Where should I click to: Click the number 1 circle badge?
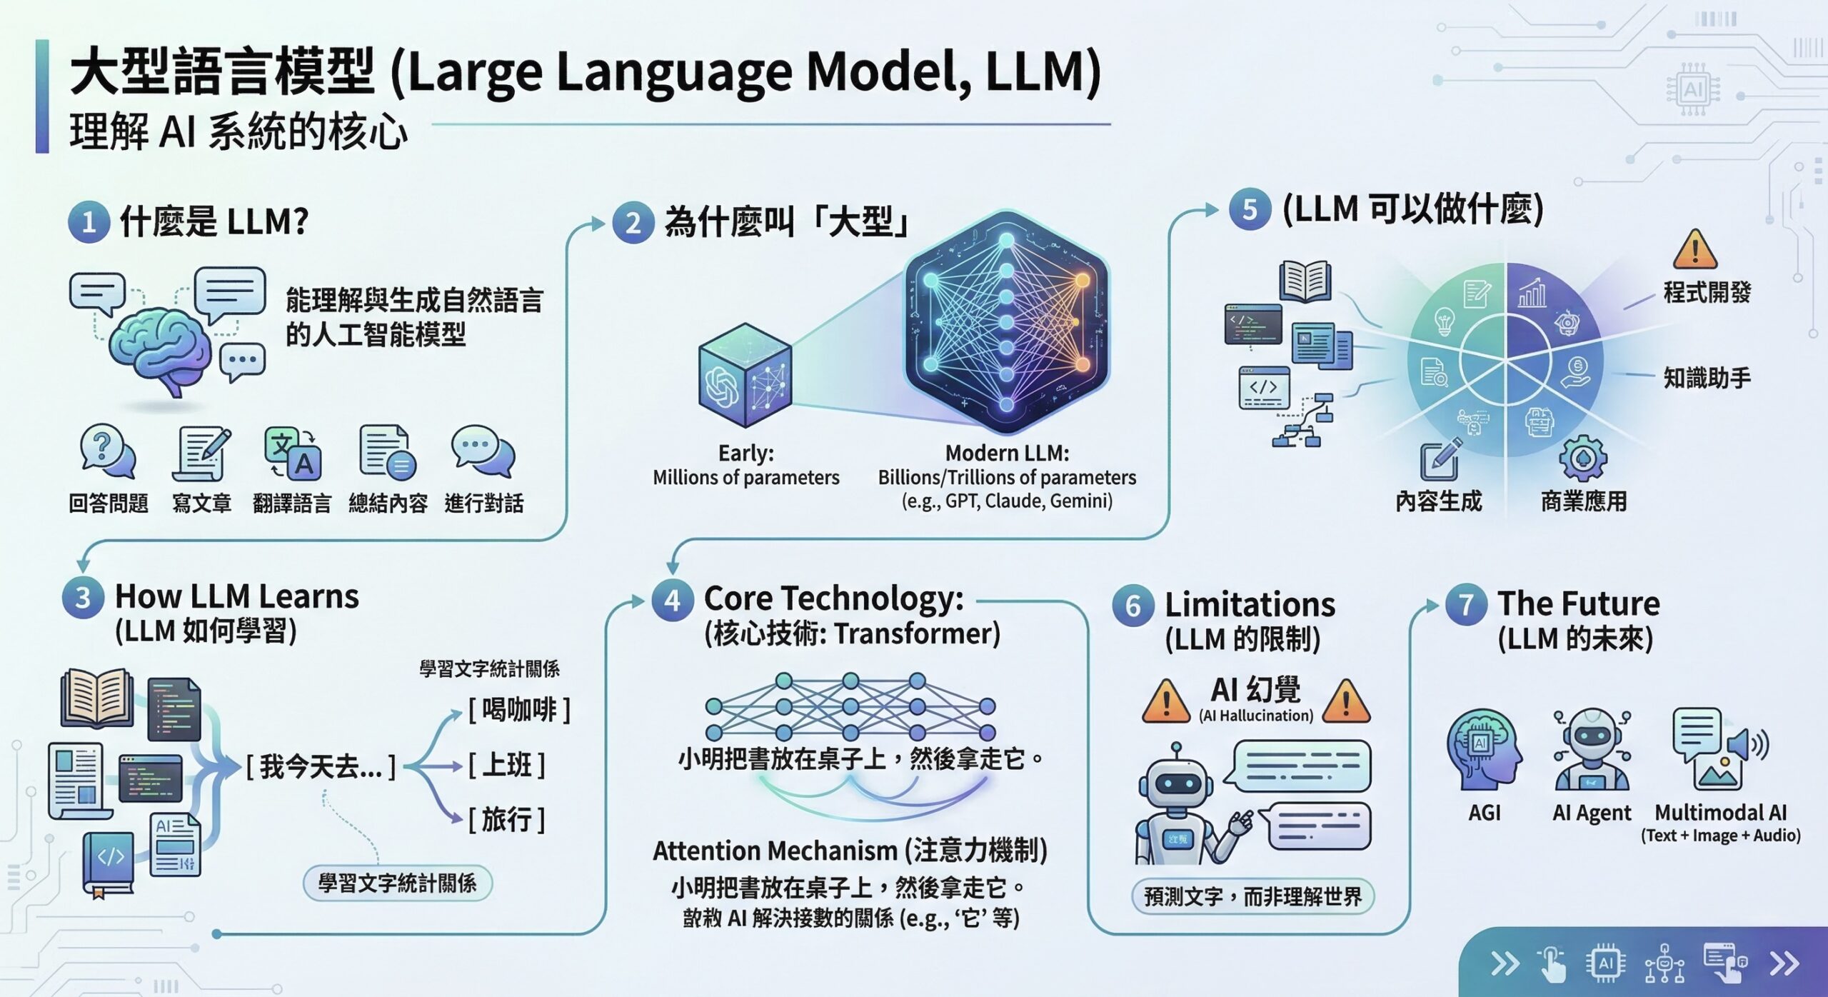pos(89,222)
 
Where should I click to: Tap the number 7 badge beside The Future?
pos(1466,604)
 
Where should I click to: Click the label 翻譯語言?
pos(292,503)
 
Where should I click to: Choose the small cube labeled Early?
pos(745,375)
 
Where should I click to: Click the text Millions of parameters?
pos(745,478)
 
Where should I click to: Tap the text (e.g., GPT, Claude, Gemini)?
pos(1007,501)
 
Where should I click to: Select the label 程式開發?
pos(1707,292)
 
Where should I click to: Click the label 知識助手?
pos(1707,377)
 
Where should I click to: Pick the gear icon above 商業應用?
pos(1583,458)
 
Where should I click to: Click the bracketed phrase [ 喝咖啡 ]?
pos(519,710)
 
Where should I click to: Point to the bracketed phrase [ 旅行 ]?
pos(507,819)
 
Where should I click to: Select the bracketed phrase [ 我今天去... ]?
pos(321,767)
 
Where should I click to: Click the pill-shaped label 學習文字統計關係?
pos(398,883)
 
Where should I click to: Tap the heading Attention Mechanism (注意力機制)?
pos(850,851)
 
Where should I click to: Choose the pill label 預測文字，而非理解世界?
pos(1252,896)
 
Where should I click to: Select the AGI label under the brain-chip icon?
pos(1484,813)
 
